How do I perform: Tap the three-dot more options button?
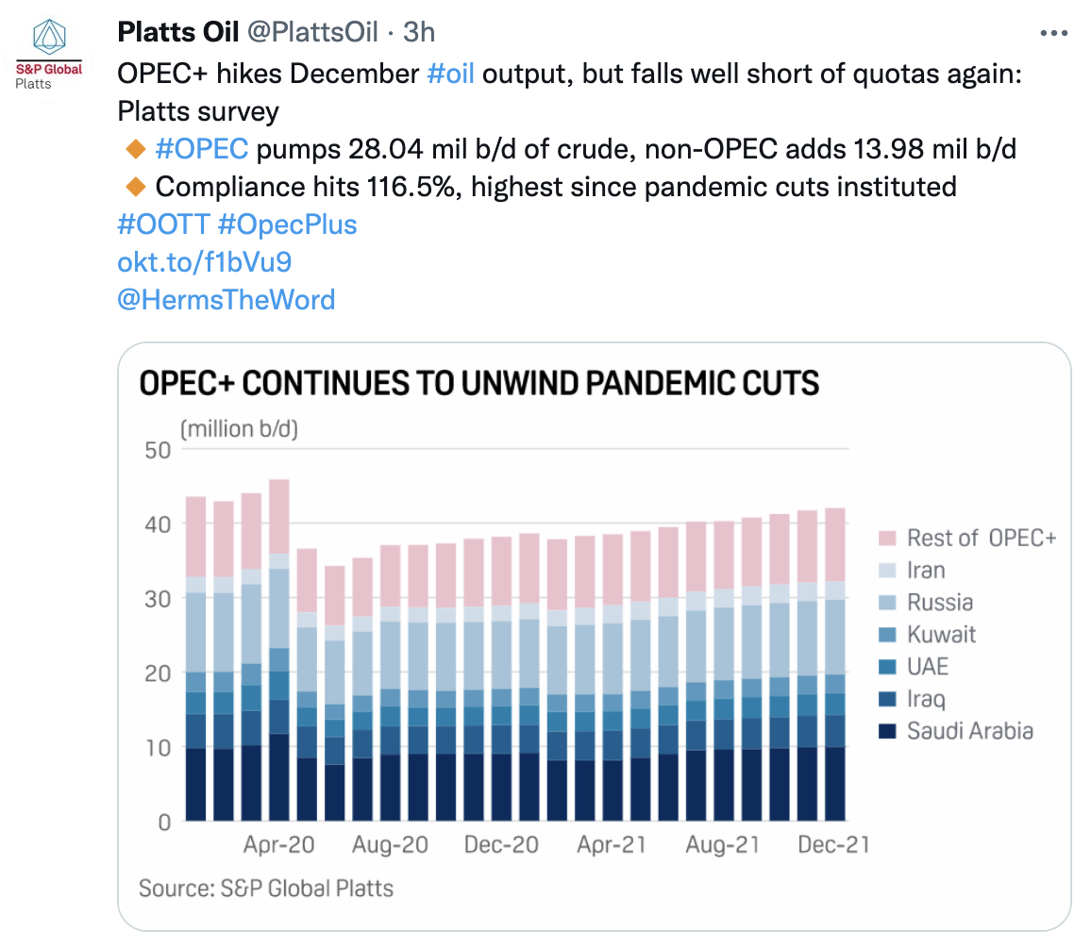(x=1052, y=33)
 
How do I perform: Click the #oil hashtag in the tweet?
(x=450, y=74)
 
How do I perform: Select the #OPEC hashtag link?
(x=201, y=148)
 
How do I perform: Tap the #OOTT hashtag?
(x=161, y=224)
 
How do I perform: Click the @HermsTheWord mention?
(x=226, y=300)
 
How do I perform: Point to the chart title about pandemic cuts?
(x=479, y=383)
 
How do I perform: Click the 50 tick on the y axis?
(x=157, y=450)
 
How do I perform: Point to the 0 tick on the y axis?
(x=164, y=822)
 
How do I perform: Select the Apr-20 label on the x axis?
(x=279, y=845)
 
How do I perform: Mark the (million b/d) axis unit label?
(x=239, y=430)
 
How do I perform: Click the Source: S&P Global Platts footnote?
(x=266, y=888)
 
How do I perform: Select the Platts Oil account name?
(x=177, y=32)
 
